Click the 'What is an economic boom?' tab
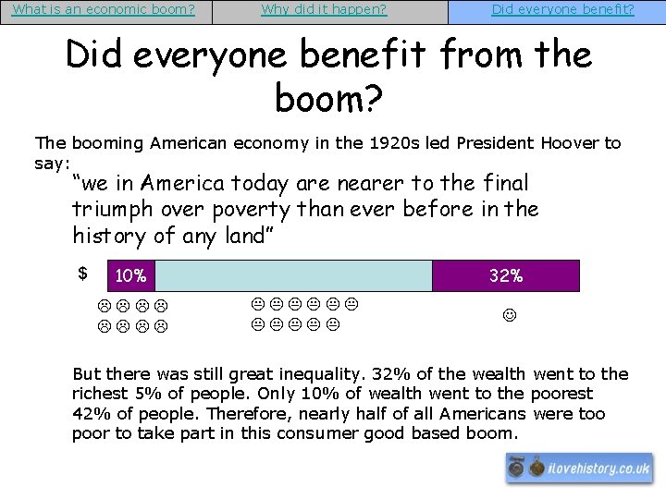coord(105,10)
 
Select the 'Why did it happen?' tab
coord(324,10)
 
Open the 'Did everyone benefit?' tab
coord(562,10)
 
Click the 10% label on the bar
coord(131,276)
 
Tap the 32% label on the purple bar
coord(506,275)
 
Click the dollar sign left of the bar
coord(82,273)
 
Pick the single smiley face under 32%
coord(508,316)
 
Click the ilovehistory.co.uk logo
coord(579,469)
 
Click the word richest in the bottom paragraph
coord(101,394)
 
